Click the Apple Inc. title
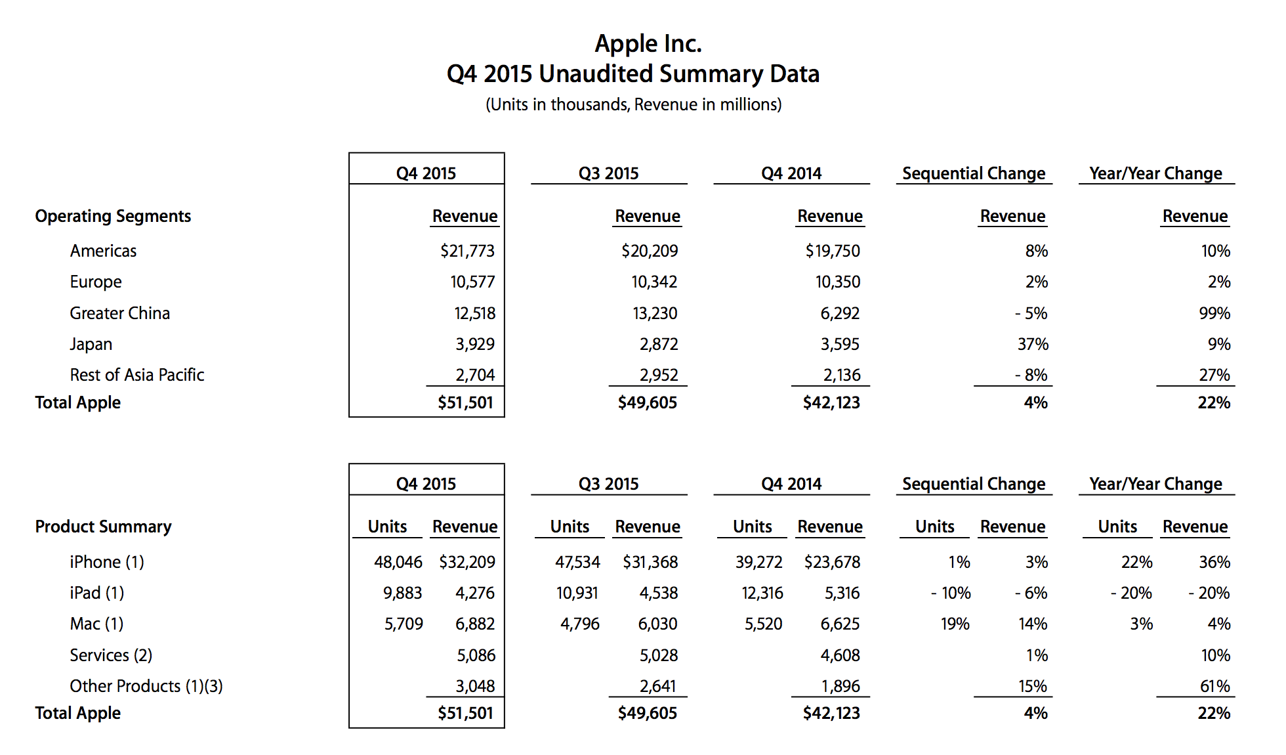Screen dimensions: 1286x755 [x=648, y=44]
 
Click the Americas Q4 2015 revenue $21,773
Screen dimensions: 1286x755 [x=467, y=251]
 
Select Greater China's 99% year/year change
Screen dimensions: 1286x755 [x=1214, y=313]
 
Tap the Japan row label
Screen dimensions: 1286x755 [x=91, y=345]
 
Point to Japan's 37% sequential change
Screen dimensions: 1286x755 [x=1033, y=344]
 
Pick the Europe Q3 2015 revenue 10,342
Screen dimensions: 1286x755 [x=654, y=282]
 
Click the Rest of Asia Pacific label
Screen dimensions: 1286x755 [x=137, y=375]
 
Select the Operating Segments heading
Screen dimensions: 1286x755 [x=113, y=217]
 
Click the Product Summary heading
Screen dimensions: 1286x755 [x=103, y=527]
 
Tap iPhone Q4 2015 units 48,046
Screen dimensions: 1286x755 [x=398, y=562]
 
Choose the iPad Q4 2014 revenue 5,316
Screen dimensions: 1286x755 [x=842, y=593]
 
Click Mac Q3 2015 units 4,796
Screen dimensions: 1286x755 [x=579, y=624]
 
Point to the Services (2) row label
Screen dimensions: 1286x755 [x=111, y=655]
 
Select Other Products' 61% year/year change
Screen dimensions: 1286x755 [x=1215, y=686]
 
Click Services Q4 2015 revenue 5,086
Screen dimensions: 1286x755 [x=476, y=655]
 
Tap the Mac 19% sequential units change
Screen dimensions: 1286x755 [x=955, y=624]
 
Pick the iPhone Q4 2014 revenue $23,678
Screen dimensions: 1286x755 [x=832, y=562]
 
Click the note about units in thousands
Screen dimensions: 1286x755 [x=634, y=105]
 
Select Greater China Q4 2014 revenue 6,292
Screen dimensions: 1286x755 [x=840, y=313]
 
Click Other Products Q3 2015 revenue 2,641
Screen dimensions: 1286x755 [x=657, y=686]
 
